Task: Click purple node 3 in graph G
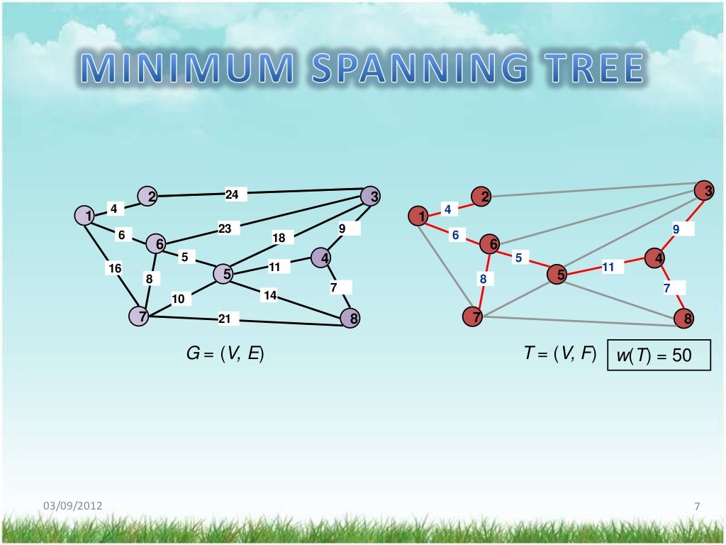(370, 196)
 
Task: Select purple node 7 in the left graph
(140, 316)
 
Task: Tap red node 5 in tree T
(557, 274)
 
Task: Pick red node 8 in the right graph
(684, 319)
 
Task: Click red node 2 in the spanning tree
(481, 197)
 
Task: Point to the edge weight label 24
(233, 194)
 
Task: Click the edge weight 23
(225, 229)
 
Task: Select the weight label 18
(279, 238)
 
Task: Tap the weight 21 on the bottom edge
(225, 319)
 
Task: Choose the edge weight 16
(115, 268)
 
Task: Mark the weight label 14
(269, 295)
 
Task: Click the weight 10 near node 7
(178, 299)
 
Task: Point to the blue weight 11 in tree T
(608, 267)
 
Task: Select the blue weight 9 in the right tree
(676, 229)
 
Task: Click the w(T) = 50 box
(659, 354)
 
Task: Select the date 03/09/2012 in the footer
(73, 506)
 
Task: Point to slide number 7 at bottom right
(697, 506)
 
